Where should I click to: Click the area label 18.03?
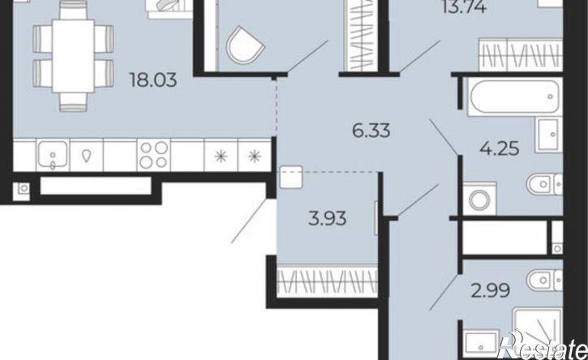point(153,80)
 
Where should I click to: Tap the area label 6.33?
point(371,131)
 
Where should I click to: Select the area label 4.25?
point(500,148)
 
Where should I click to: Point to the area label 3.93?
point(327,218)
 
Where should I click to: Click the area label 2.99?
point(490,290)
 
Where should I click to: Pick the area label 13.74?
point(464,6)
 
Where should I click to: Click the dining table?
point(73,55)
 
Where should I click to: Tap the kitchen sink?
point(53,155)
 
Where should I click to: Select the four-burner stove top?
point(154,155)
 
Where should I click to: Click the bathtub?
point(514,96)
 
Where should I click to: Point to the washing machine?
point(479,199)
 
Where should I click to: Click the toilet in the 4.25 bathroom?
point(544,184)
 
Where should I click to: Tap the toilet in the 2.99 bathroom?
point(544,280)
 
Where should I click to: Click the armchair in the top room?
point(245,45)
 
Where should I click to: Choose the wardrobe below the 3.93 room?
point(327,281)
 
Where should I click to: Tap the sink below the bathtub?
point(549,135)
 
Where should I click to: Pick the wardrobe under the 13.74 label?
point(521,55)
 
